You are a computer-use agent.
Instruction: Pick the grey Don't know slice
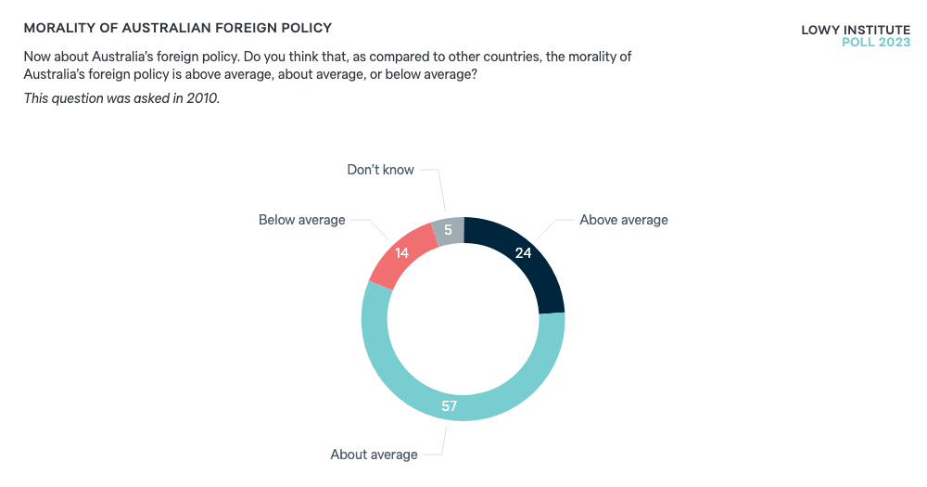point(449,230)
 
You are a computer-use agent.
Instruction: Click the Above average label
point(623,220)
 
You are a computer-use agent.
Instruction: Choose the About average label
point(374,455)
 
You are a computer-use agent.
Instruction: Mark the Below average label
point(301,220)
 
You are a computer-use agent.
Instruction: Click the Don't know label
point(380,170)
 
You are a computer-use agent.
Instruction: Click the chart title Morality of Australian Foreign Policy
point(178,29)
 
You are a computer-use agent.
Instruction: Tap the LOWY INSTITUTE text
point(855,30)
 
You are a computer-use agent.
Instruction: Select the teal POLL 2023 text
point(875,43)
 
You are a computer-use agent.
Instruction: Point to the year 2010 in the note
point(202,98)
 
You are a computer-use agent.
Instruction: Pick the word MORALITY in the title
point(61,29)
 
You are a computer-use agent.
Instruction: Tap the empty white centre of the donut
point(463,319)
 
